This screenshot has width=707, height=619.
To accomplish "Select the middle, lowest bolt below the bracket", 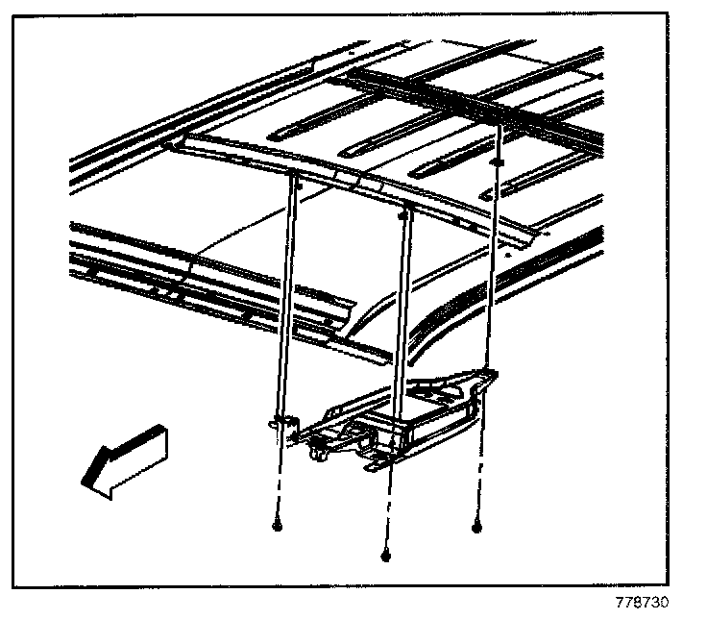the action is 385,555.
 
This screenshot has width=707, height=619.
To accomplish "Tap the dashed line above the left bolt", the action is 278,481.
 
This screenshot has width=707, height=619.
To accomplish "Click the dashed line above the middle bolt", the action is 387,509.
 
